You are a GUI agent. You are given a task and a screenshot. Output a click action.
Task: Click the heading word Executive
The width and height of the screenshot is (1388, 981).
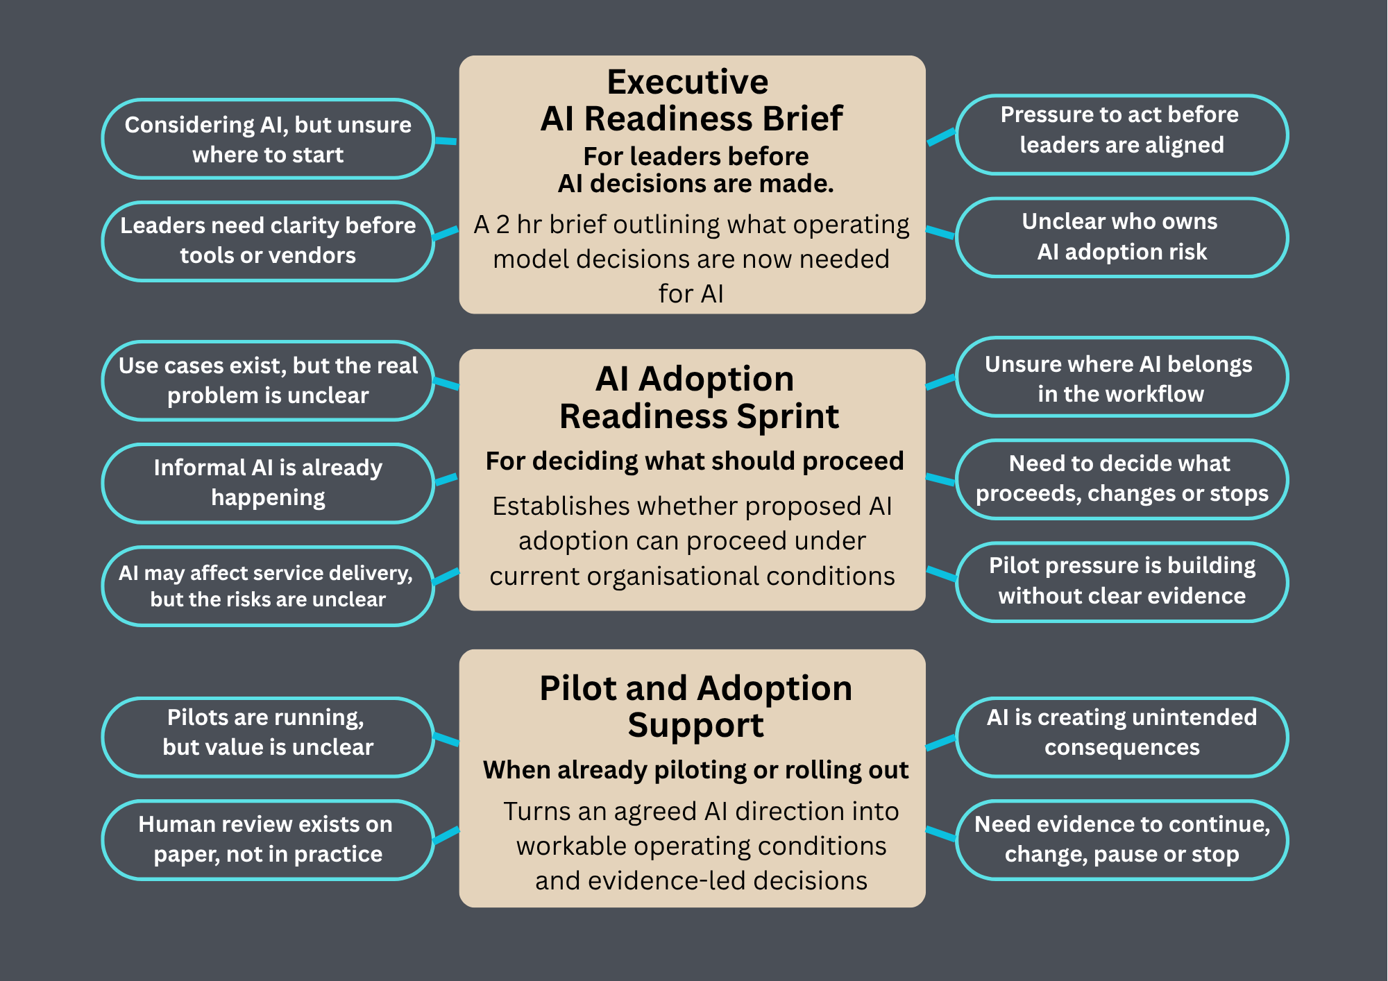(688, 82)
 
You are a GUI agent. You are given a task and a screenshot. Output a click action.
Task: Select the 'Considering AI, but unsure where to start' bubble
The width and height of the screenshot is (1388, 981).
(268, 139)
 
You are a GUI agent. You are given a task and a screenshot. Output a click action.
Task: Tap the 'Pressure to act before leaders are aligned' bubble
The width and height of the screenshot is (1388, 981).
(1122, 135)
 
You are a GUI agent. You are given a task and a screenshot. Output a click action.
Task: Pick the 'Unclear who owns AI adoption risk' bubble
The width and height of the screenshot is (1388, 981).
(1122, 237)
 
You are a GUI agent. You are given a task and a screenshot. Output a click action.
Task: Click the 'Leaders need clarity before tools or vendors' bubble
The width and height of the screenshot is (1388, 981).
(268, 241)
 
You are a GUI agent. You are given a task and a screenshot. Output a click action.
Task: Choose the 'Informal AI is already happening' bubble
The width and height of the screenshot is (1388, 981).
(268, 483)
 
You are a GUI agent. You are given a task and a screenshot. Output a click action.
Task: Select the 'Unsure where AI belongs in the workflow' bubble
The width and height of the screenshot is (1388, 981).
(1122, 377)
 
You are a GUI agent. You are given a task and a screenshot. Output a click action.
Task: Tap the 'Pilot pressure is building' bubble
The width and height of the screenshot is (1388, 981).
(1122, 582)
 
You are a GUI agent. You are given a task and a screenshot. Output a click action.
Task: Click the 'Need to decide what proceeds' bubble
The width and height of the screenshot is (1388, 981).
(1122, 479)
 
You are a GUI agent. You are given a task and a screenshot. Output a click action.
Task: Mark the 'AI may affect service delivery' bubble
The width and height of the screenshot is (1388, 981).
(268, 586)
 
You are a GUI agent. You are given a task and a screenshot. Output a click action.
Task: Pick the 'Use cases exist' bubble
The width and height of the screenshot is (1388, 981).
(268, 381)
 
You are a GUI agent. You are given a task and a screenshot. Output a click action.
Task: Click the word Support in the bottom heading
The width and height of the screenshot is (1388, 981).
(695, 726)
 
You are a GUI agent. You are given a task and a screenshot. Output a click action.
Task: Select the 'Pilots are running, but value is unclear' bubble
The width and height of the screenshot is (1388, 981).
(268, 737)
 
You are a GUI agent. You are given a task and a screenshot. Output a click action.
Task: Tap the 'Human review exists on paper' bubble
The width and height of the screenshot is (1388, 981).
(268, 840)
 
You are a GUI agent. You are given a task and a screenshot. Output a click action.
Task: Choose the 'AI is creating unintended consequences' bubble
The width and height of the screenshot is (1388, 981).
(1122, 737)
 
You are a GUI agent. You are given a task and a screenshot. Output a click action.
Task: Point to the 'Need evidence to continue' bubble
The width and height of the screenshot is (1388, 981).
(1122, 840)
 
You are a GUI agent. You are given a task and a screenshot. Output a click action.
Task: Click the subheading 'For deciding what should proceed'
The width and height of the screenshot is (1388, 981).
(695, 461)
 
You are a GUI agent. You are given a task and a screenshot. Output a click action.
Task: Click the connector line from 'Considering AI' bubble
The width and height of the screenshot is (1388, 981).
(446, 141)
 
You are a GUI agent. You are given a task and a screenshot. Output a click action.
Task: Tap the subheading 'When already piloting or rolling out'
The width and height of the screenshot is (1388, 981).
(695, 770)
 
